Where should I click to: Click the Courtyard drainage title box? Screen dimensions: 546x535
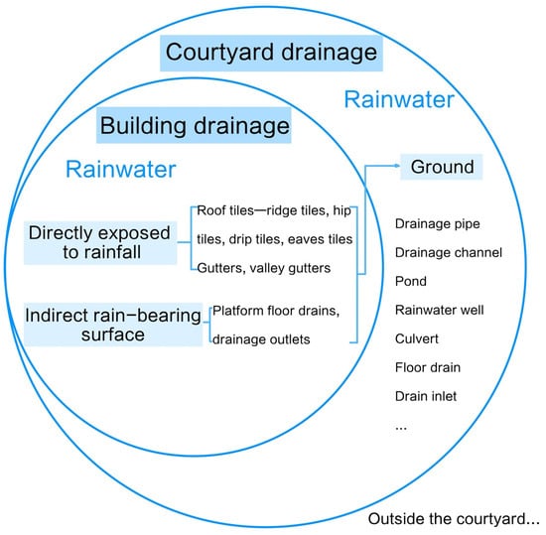(x=271, y=54)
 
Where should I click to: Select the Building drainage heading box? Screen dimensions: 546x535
(x=194, y=125)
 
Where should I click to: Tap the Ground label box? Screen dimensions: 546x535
(x=441, y=167)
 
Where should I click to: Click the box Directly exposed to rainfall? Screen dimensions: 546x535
(x=100, y=242)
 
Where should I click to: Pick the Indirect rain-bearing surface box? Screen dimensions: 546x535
(x=113, y=325)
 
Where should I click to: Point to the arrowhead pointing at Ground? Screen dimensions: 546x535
(x=397, y=166)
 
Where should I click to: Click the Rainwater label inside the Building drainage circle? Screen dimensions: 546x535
(x=121, y=169)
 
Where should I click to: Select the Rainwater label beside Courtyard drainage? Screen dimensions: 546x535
(x=399, y=99)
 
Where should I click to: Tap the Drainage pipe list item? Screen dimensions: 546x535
(x=438, y=223)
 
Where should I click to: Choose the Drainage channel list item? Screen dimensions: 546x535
(x=449, y=253)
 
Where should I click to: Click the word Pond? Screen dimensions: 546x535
(x=411, y=281)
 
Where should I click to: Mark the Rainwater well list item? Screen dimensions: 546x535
(x=440, y=310)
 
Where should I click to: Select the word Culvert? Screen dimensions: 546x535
(x=417, y=338)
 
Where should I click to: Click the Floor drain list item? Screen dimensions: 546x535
(x=428, y=367)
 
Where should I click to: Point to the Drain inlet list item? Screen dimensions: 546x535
(x=426, y=396)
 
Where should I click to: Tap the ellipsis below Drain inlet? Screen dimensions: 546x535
(x=401, y=429)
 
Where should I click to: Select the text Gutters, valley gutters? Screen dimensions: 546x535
(x=264, y=268)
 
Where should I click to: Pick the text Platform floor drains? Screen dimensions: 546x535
(x=276, y=311)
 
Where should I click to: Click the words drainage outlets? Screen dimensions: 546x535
(x=261, y=339)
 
